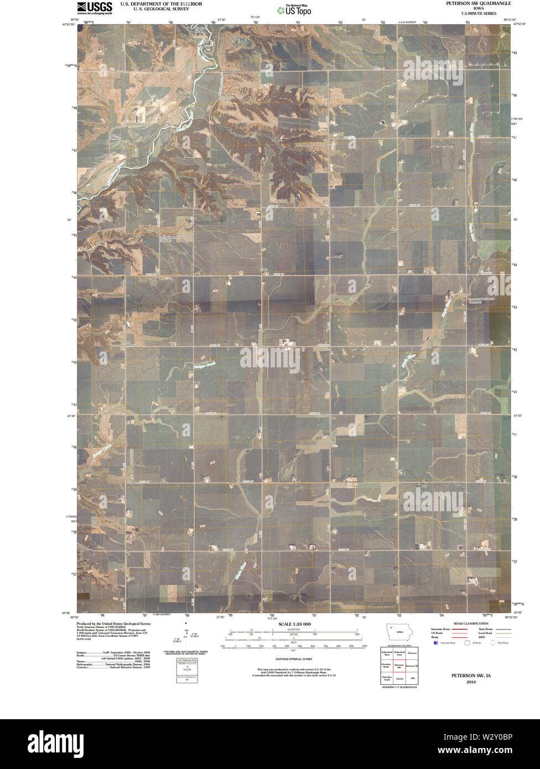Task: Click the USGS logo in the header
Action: point(95,7)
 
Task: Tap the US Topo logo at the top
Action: point(294,9)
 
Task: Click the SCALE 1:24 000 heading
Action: point(295,624)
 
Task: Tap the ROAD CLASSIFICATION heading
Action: point(470,623)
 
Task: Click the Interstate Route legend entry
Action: point(442,629)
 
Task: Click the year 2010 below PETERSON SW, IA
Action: point(471,682)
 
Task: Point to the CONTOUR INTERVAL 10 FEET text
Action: point(294,659)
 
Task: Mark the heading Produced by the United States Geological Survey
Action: point(113,623)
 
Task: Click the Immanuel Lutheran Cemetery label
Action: point(474,301)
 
